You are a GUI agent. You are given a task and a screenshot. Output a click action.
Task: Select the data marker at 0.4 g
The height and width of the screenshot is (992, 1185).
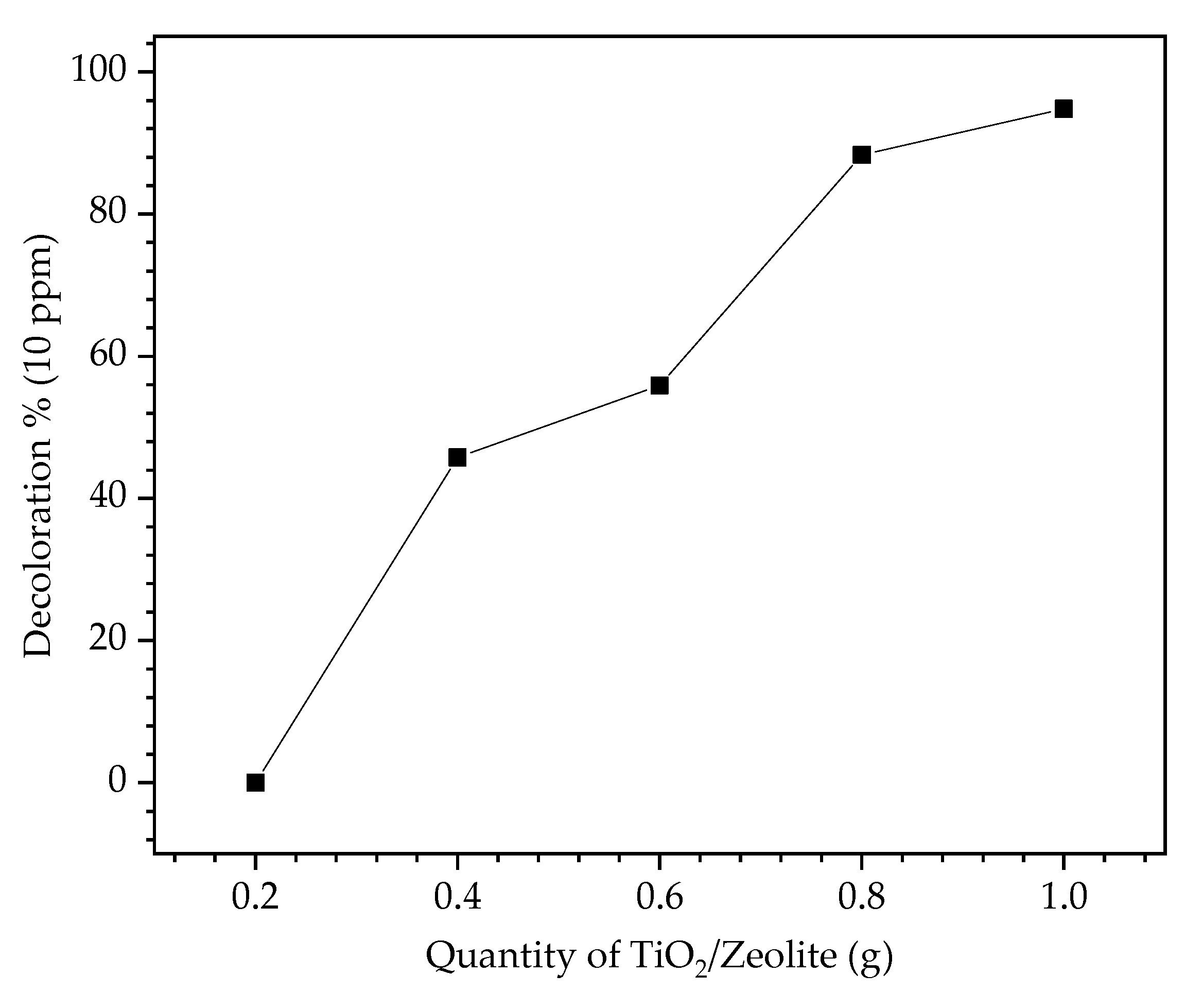(457, 457)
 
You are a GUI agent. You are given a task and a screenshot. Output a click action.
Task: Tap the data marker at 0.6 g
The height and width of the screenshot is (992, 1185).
(659, 386)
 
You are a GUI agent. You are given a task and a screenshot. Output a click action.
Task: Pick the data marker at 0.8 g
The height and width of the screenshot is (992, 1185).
(861, 154)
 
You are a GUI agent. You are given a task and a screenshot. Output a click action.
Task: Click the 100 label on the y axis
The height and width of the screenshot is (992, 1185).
(105, 72)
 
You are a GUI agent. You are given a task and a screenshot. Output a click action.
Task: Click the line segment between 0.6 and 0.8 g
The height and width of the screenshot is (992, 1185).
(760, 270)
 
